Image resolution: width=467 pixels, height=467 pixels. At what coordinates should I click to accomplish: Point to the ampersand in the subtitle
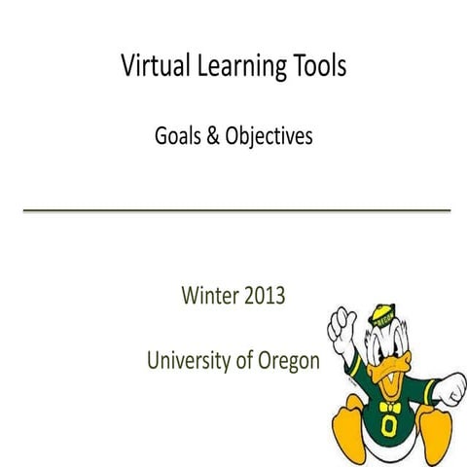[211, 137]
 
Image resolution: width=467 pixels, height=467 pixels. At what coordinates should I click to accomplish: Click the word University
[191, 362]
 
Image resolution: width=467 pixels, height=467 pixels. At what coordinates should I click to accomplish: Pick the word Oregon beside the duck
[288, 362]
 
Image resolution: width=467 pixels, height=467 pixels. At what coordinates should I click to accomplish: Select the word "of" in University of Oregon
[247, 362]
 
